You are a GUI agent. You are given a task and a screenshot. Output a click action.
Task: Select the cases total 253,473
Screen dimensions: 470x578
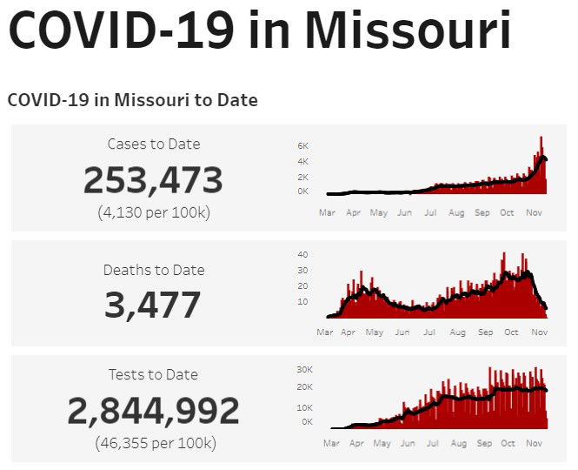(153, 180)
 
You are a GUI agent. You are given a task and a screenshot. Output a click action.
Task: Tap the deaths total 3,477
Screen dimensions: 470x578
(153, 305)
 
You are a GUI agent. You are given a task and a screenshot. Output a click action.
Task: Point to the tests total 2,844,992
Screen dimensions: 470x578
(153, 410)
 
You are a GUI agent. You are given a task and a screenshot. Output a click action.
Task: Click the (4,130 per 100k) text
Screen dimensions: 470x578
(153, 212)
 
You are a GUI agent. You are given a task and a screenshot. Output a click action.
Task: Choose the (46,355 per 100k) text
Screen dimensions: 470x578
(153, 443)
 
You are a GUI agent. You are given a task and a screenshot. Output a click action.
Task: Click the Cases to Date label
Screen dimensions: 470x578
(153, 144)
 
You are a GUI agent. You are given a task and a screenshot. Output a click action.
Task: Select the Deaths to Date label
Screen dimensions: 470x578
(153, 270)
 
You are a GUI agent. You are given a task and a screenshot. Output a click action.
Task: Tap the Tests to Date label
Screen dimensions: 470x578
(153, 374)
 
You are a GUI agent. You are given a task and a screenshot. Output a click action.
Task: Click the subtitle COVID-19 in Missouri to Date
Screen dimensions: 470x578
(132, 100)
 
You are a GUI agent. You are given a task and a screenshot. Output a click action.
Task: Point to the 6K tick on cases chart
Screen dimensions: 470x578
(302, 146)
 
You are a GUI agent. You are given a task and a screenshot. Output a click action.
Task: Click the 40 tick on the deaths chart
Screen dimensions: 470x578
(302, 254)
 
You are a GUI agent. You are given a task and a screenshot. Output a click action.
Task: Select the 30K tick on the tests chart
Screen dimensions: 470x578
(304, 368)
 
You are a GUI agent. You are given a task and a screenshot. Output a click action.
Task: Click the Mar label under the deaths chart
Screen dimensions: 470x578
(325, 332)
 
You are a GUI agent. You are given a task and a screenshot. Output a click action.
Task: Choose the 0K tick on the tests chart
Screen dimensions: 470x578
(307, 421)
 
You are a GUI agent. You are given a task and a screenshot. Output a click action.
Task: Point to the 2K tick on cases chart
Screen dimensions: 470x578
(302, 176)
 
